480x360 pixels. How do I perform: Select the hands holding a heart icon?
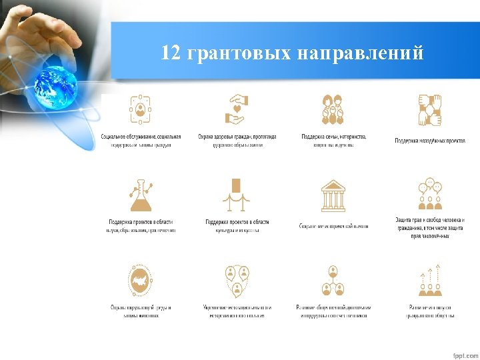click(237, 110)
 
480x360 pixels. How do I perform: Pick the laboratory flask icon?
click(141, 195)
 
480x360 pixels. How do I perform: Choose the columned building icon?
click(333, 195)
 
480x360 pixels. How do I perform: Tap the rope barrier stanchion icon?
click(237, 194)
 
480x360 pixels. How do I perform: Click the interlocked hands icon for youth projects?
click(429, 110)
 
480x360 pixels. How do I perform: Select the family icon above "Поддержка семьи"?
click(333, 110)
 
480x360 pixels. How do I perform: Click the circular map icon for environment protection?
click(141, 280)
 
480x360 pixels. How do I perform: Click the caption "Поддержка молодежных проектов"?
click(429, 141)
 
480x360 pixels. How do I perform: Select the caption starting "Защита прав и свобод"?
click(429, 227)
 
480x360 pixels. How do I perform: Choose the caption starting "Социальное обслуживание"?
click(141, 141)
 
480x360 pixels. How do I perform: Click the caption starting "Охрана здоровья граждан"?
click(237, 141)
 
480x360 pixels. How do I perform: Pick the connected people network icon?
click(333, 281)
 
